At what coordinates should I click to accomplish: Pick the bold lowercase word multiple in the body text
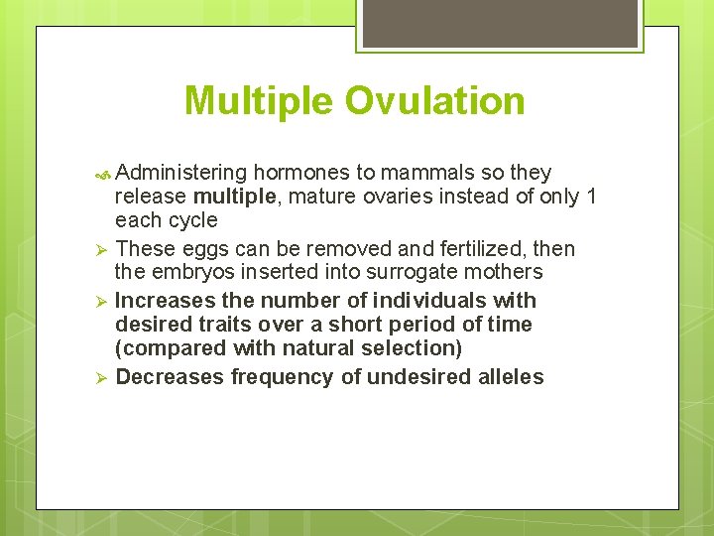coord(235,197)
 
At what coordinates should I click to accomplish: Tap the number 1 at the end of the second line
coord(591,197)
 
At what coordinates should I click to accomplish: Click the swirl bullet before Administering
coord(105,174)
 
